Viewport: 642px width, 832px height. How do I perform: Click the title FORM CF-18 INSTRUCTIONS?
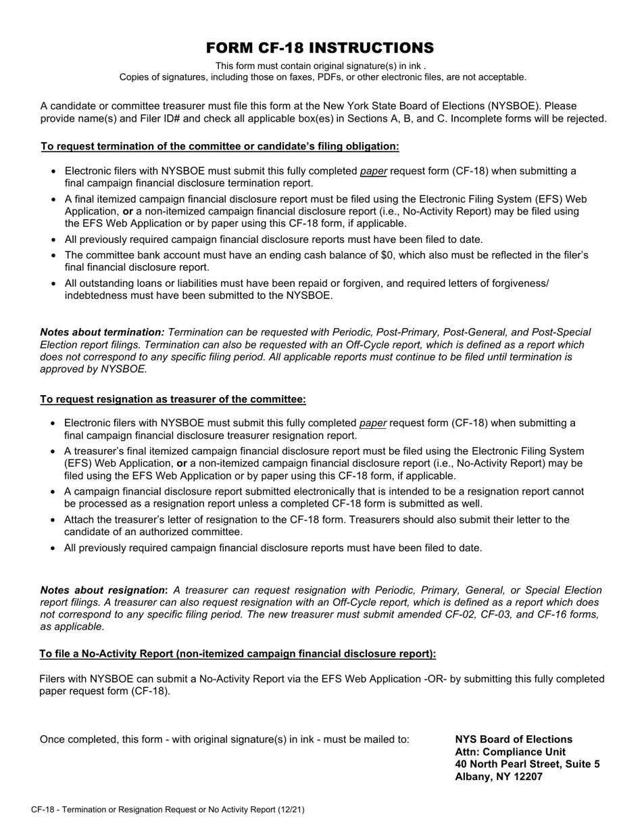[320, 48]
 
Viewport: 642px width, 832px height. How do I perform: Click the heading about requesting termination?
[220, 146]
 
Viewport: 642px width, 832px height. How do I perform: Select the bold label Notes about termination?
[102, 332]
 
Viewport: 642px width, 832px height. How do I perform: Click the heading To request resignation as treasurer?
[173, 399]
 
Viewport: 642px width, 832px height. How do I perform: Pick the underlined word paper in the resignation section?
[373, 423]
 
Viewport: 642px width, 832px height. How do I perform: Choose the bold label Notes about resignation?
[104, 590]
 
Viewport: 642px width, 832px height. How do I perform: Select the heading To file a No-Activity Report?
[238, 653]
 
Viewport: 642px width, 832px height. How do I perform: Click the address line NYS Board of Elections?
[514, 739]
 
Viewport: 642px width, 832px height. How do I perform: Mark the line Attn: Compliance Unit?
[510, 752]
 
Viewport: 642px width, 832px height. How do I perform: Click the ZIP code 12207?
[528, 777]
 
